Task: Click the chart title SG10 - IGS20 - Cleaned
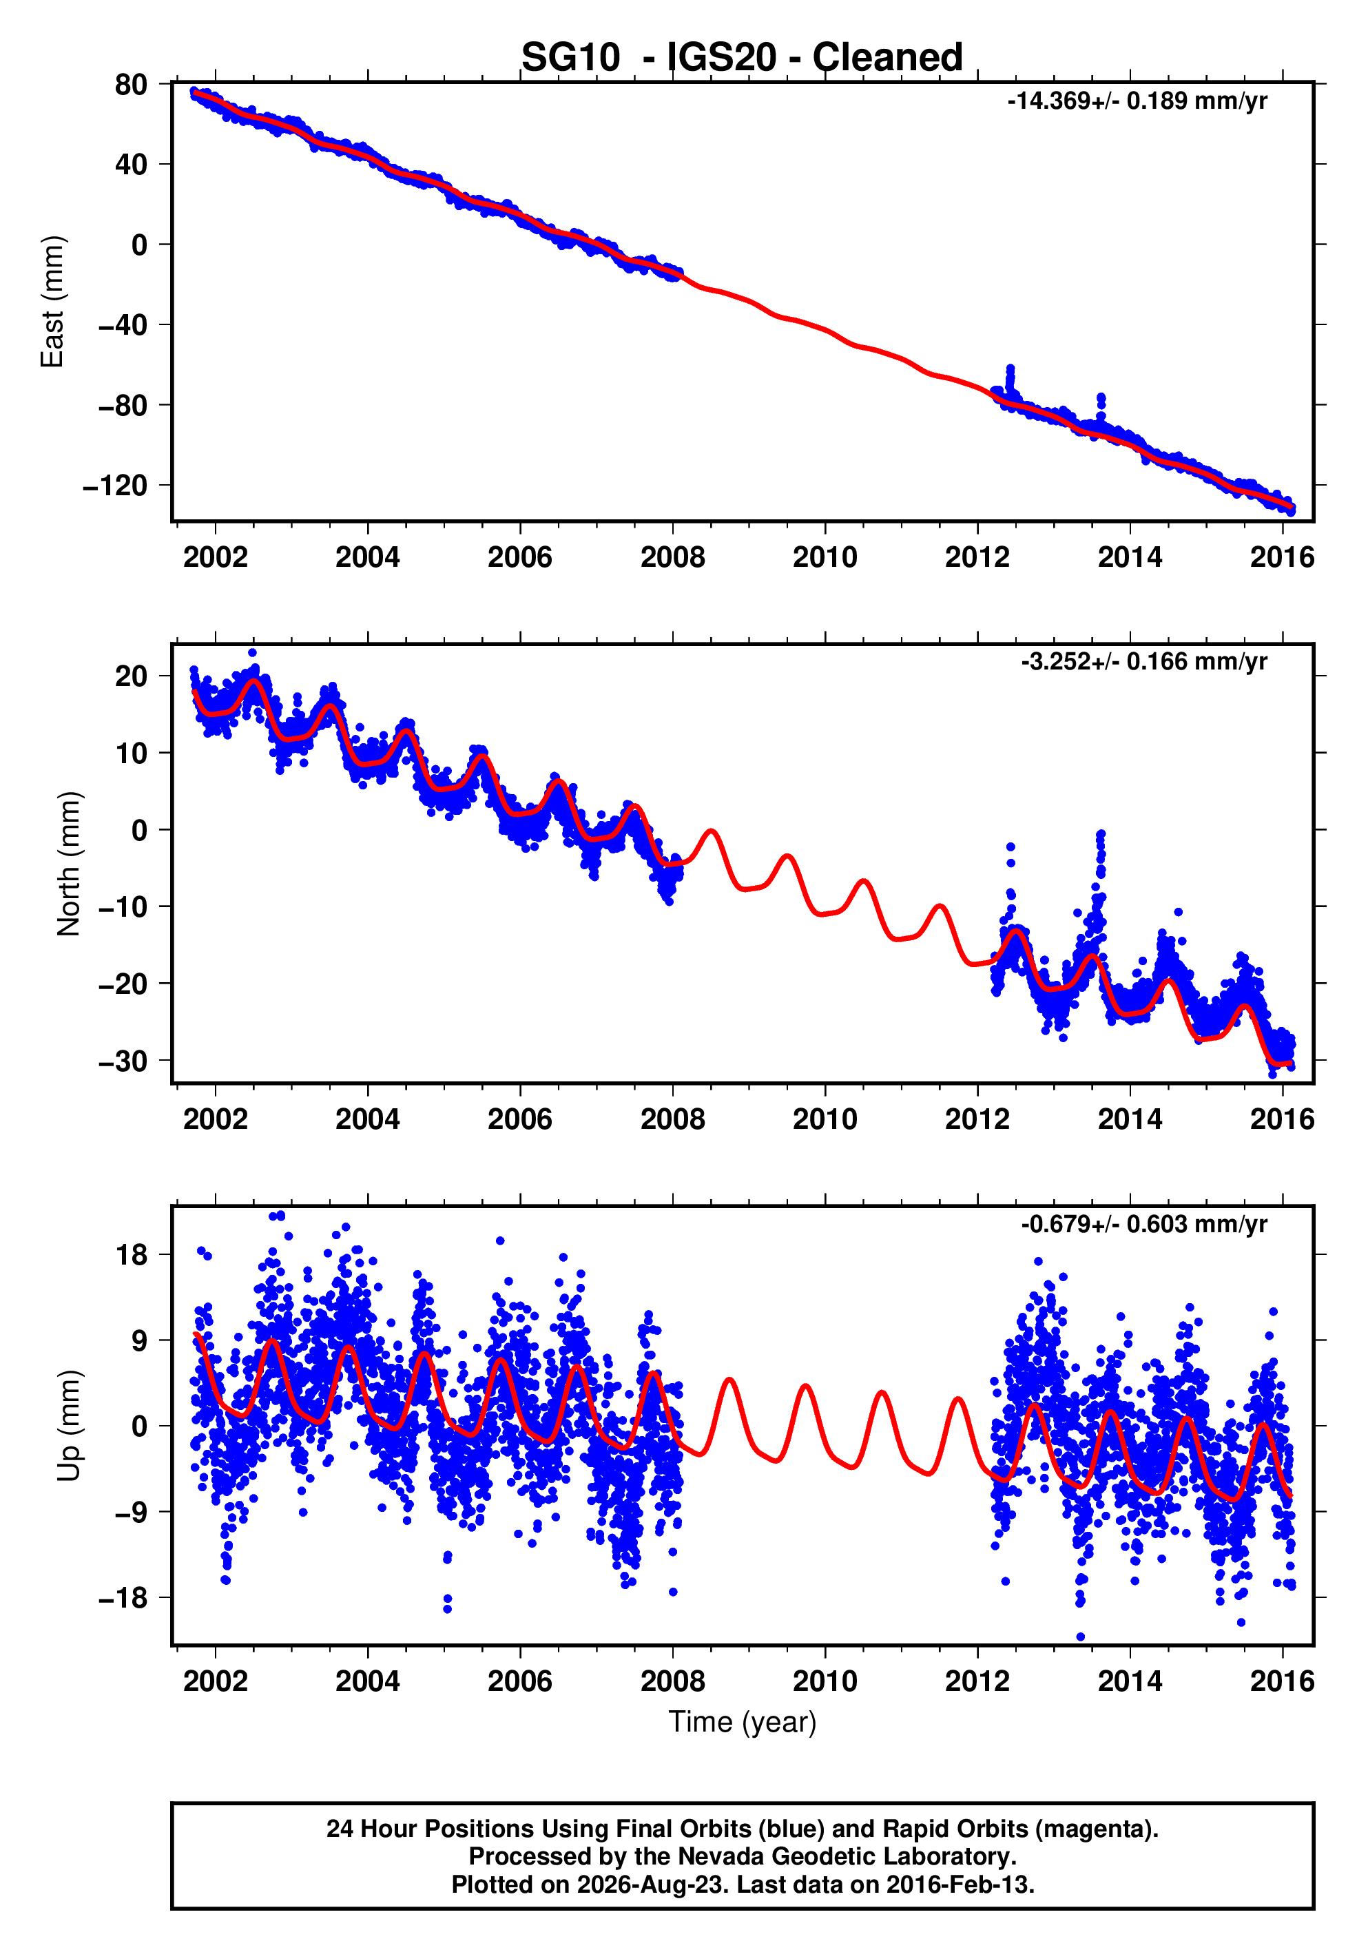point(741,57)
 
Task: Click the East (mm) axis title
point(52,302)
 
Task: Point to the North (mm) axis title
point(68,864)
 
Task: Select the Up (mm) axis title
point(68,1426)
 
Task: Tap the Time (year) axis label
point(743,1721)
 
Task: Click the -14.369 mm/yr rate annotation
point(1137,101)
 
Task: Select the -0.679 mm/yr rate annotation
point(1143,1223)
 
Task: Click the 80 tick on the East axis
point(131,84)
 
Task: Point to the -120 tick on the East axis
point(115,486)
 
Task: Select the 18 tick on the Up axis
point(131,1254)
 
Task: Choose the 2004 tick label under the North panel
point(367,1119)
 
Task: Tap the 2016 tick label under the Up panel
point(1282,1681)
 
